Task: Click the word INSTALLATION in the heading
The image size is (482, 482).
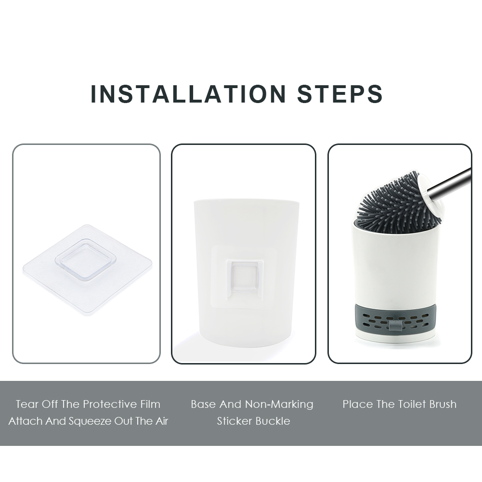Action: [x=189, y=94]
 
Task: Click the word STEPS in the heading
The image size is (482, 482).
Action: [x=340, y=94]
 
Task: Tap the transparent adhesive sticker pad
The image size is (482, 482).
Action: [x=88, y=269]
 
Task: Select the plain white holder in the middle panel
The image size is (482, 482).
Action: [x=247, y=272]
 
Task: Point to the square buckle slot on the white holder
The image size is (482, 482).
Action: [x=245, y=277]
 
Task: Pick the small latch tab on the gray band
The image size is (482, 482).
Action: [x=395, y=325]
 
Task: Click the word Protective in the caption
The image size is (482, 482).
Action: [x=110, y=404]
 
